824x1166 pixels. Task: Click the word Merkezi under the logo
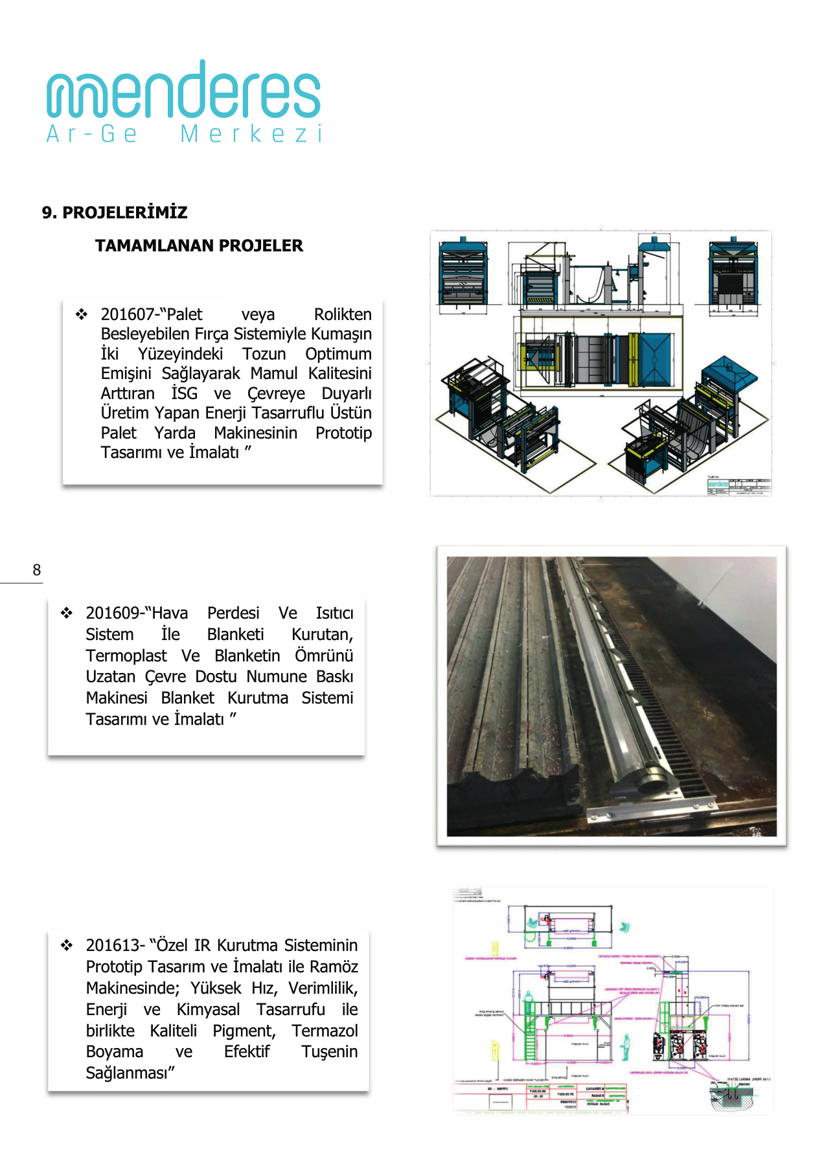click(x=251, y=134)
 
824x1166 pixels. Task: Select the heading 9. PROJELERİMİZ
click(x=115, y=212)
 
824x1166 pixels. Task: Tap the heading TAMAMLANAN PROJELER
click(x=199, y=246)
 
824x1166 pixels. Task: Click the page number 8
click(x=37, y=570)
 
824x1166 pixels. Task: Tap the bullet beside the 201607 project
click(x=82, y=315)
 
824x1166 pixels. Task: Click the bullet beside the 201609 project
click(x=67, y=613)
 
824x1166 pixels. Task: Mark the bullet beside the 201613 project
click(x=67, y=946)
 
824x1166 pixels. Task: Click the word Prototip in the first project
click(x=343, y=433)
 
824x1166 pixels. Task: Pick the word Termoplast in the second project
click(x=126, y=656)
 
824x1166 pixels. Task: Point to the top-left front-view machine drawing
click(x=463, y=272)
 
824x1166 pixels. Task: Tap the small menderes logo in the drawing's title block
click(x=718, y=484)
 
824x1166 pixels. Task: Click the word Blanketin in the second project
click(x=247, y=656)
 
